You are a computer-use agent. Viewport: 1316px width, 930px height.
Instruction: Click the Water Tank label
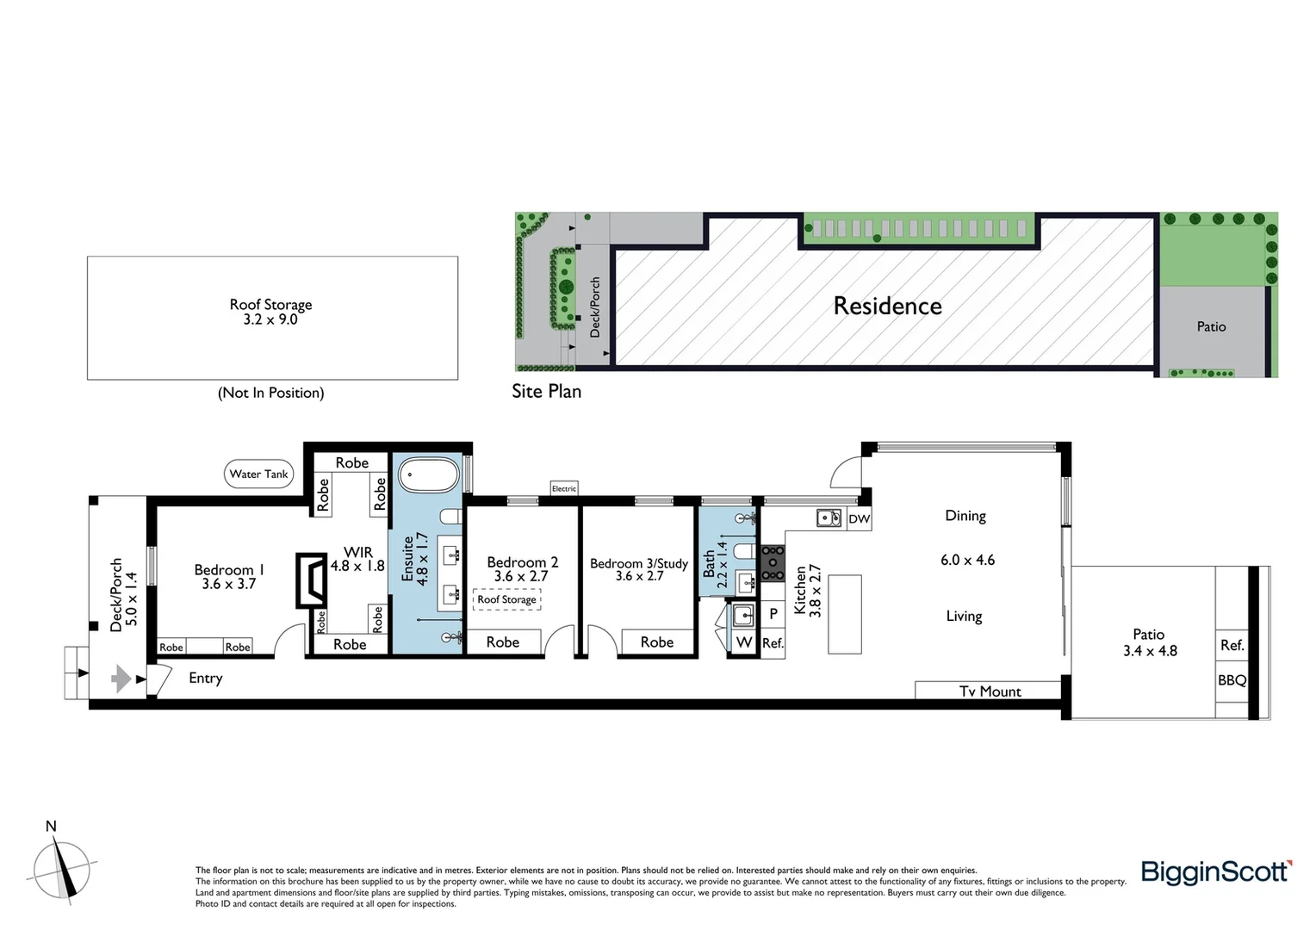258,474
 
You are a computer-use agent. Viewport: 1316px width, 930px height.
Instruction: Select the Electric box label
564,488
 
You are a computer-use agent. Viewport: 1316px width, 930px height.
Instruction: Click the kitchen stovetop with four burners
773,562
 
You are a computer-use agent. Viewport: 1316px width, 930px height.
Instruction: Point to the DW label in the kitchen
859,518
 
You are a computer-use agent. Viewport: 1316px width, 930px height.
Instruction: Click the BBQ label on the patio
1232,680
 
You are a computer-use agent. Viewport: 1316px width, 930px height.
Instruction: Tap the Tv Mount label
990,691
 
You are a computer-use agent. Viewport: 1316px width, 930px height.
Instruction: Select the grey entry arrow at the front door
121,679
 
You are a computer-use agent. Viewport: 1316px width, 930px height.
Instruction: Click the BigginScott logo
1215,871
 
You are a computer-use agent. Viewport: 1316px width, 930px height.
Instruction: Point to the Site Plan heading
546,391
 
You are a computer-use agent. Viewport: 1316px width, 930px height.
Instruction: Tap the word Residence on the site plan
887,306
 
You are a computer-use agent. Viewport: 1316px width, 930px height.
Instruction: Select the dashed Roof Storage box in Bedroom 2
506,599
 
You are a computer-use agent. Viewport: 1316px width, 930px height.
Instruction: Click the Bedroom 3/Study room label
639,563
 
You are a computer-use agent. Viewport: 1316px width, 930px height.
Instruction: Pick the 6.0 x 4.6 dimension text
967,560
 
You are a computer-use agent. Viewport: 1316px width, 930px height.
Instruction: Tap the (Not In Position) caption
271,393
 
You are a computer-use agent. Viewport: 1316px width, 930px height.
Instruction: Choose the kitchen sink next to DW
829,518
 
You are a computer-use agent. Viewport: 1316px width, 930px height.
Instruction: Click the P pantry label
773,614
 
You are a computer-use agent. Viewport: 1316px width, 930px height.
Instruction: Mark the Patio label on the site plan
1211,326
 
